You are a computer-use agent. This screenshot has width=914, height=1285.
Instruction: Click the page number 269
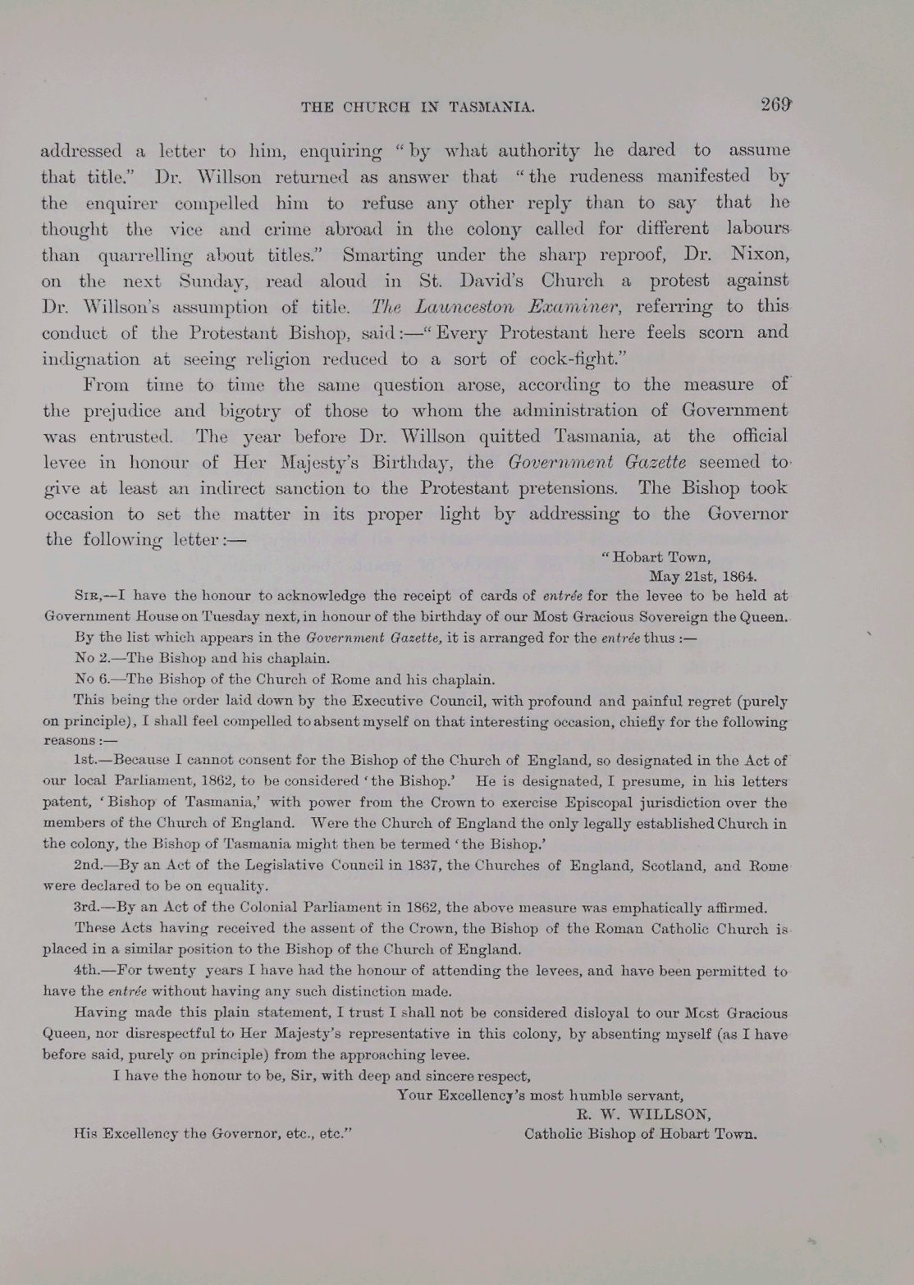[x=775, y=105]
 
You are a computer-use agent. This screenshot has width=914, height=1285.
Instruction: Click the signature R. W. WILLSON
[x=643, y=1114]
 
